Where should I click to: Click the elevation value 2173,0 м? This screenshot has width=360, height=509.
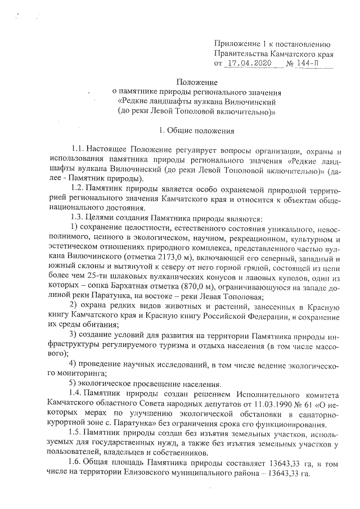pyautogui.click(x=137, y=256)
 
